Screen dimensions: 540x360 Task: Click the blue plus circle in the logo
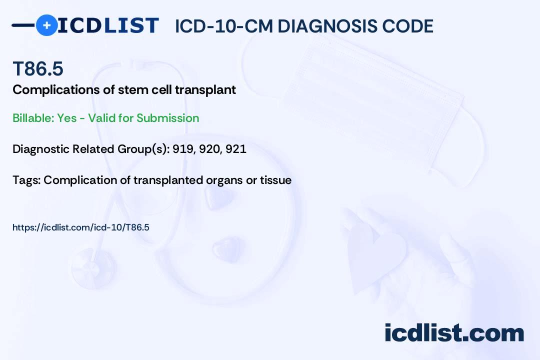[x=46, y=25]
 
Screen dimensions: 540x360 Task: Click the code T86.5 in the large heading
[x=38, y=68]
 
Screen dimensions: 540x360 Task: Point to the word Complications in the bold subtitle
[x=56, y=90]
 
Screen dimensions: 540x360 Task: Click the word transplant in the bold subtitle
[x=205, y=90]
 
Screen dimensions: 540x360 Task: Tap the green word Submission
[x=167, y=118]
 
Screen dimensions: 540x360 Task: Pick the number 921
[x=236, y=149]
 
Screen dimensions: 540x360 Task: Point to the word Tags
[x=26, y=180]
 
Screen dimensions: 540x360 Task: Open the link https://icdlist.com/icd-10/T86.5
[x=81, y=227]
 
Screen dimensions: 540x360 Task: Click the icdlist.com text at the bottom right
[x=454, y=332]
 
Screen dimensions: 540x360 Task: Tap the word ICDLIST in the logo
[x=108, y=25]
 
